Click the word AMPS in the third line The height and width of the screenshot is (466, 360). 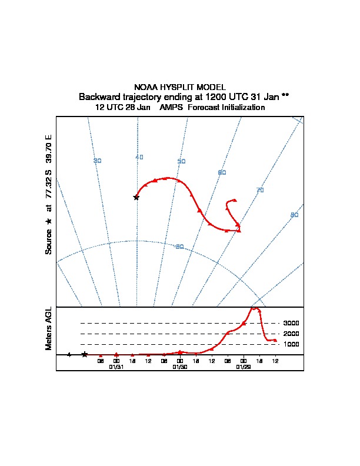[x=172, y=108]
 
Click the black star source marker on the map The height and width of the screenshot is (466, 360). [x=136, y=197]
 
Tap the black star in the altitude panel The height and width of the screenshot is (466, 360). [x=85, y=354]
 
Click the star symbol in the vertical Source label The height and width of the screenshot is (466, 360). [x=49, y=221]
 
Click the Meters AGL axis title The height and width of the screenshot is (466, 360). [x=49, y=328]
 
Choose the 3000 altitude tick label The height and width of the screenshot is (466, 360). [x=291, y=323]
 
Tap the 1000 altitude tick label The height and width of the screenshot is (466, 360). [x=291, y=344]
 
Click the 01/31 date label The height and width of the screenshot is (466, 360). [x=116, y=367]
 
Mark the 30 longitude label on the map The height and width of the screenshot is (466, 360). [x=98, y=161]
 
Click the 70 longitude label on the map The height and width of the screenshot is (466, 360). [x=260, y=190]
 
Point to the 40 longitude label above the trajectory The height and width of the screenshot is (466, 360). [x=139, y=157]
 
